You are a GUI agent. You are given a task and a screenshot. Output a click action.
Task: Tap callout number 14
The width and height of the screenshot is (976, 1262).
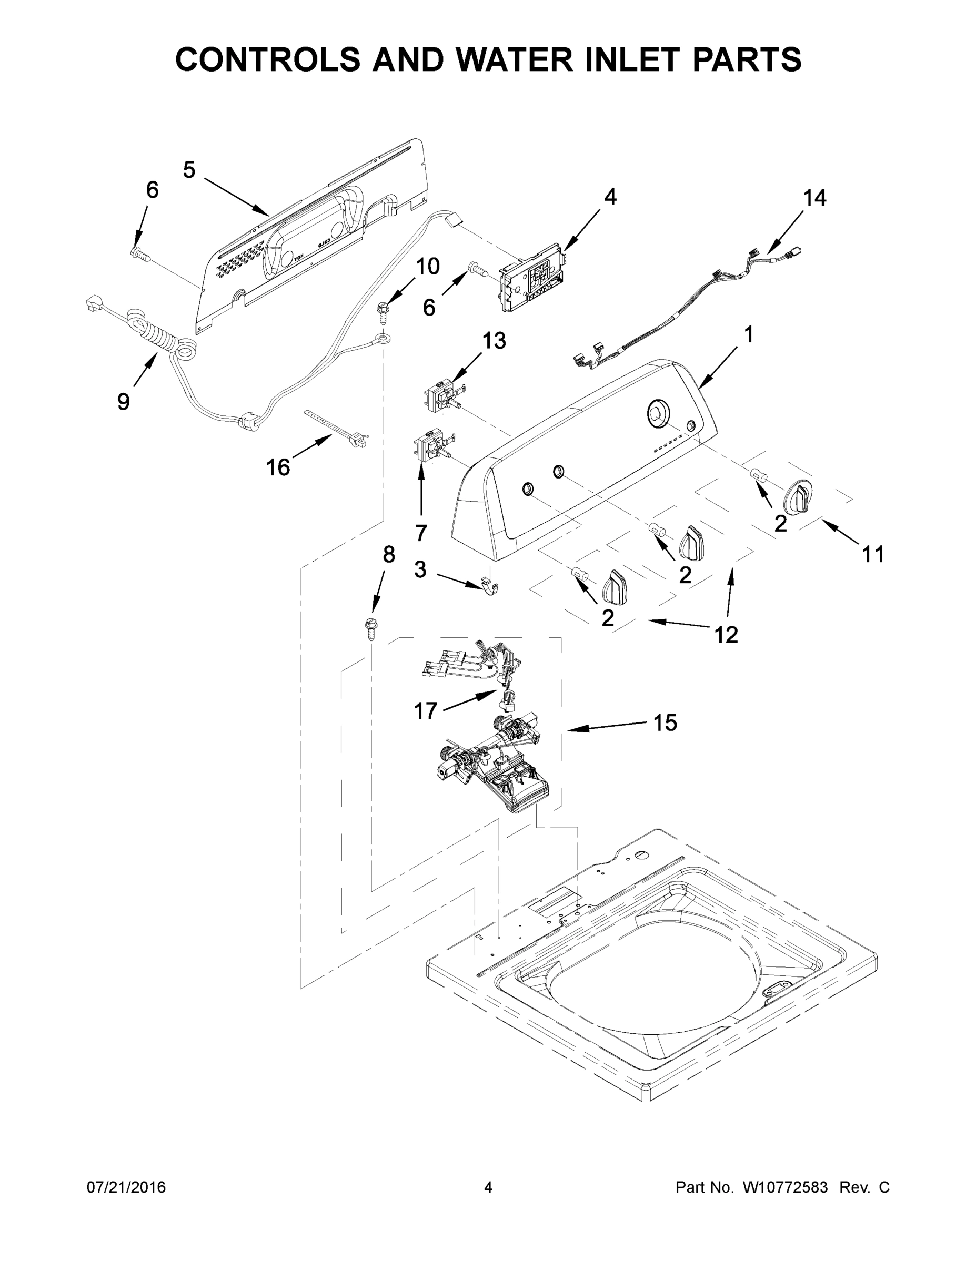coord(814,198)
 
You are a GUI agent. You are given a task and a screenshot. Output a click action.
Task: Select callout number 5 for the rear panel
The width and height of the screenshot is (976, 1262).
coord(189,170)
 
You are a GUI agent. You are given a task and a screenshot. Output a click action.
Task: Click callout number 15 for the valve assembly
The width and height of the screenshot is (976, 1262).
coord(665,722)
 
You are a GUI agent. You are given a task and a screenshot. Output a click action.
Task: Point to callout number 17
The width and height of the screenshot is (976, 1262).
coord(426,711)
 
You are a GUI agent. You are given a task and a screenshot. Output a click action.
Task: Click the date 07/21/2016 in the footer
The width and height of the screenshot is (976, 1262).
coord(126,1187)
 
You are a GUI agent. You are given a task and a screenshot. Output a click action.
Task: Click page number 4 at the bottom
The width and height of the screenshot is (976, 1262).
coord(488,1187)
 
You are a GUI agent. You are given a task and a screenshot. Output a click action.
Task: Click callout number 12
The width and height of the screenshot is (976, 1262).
coord(726,635)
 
